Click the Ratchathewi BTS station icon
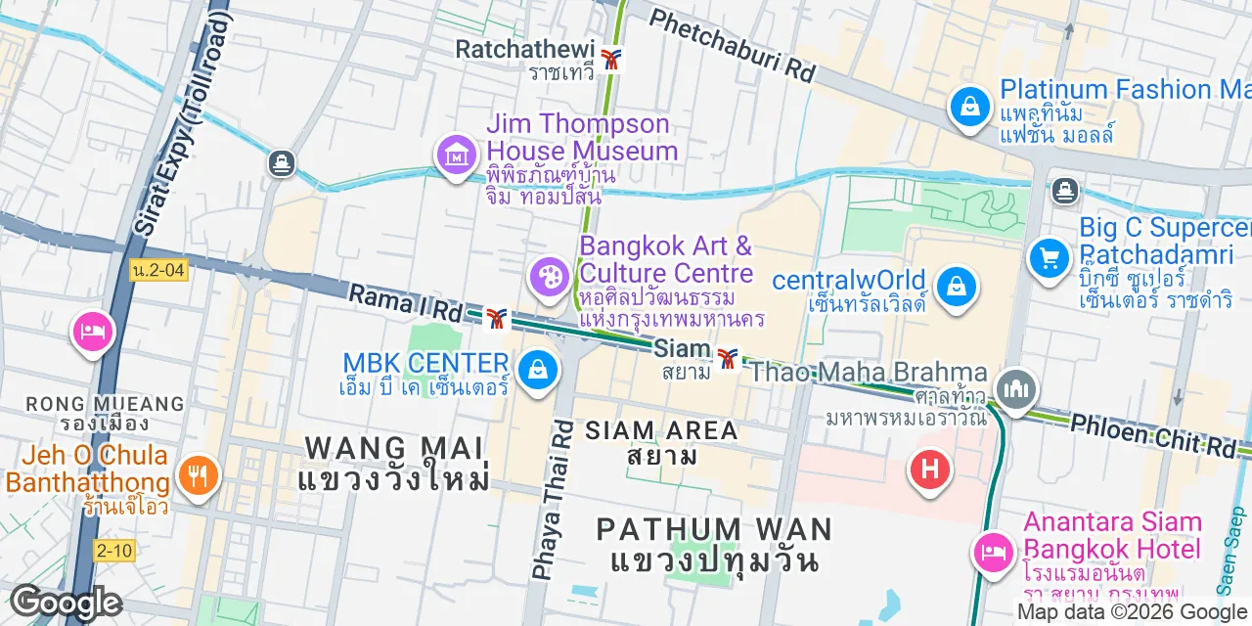[611, 59]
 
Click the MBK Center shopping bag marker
[537, 371]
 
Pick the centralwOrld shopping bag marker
[954, 288]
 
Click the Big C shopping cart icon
[1050, 258]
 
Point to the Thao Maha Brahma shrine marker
[1016, 389]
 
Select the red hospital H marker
[929, 469]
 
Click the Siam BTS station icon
[727, 359]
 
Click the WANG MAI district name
[394, 448]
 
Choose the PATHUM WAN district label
[714, 530]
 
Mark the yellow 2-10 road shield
[114, 551]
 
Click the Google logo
[67, 603]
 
